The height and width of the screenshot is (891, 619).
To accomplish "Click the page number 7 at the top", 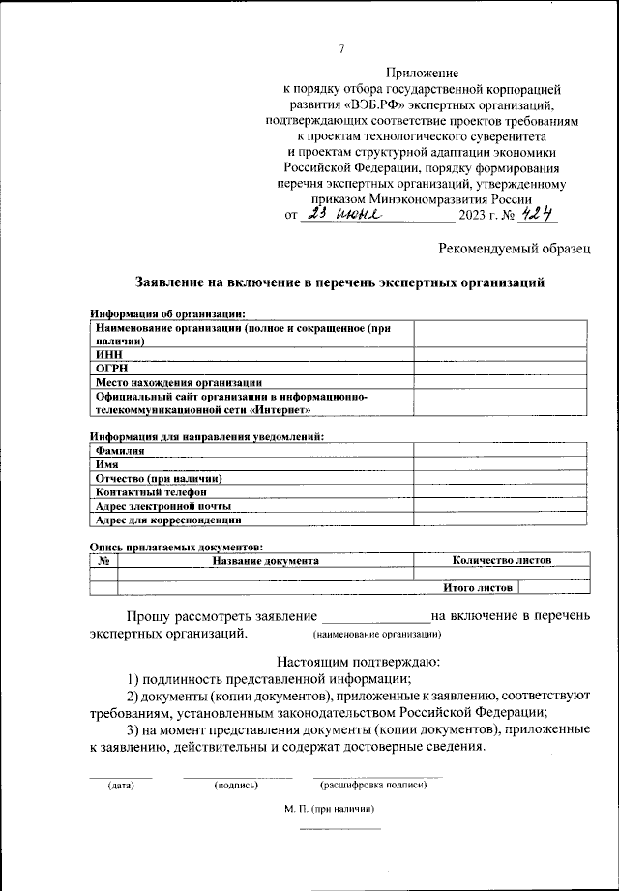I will [x=341, y=49].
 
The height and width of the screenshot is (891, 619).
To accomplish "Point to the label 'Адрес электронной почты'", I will [x=163, y=505].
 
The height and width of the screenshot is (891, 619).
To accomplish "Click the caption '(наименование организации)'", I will [x=377, y=635].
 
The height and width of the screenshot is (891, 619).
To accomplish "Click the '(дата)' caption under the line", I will [x=121, y=785].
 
